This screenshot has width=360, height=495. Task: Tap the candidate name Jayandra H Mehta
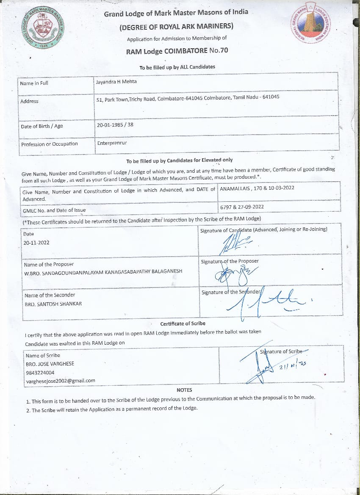pyautogui.click(x=116, y=82)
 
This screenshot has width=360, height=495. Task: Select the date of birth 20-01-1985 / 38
pyautogui.click(x=115, y=125)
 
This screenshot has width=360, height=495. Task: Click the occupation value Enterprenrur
pyautogui.click(x=112, y=143)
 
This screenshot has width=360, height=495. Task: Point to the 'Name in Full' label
pyautogui.click(x=34, y=83)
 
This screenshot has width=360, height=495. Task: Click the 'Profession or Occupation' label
pyautogui.click(x=50, y=144)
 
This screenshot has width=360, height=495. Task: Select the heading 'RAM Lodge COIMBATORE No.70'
pyautogui.click(x=177, y=51)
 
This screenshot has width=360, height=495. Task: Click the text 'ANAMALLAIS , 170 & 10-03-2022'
pyautogui.click(x=257, y=188)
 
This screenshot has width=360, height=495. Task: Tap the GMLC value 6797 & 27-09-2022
pyautogui.click(x=242, y=207)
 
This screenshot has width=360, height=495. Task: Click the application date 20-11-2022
pyautogui.click(x=36, y=243)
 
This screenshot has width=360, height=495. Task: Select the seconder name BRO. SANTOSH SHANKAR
pyautogui.click(x=53, y=304)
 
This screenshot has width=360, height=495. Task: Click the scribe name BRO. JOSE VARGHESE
pyautogui.click(x=50, y=364)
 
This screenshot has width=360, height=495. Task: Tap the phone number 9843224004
pyautogui.click(x=40, y=373)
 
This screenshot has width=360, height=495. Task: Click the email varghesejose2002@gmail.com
pyautogui.click(x=61, y=381)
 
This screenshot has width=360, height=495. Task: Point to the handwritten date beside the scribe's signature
pyautogui.click(x=293, y=365)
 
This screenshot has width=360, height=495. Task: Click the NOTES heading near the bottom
pyautogui.click(x=184, y=390)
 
